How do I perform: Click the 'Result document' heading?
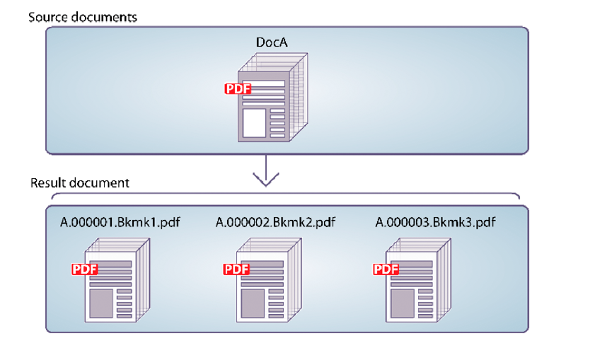79,182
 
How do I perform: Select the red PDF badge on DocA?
238,89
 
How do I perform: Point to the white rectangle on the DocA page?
253,122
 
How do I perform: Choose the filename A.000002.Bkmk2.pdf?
275,222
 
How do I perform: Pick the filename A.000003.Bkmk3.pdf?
434,222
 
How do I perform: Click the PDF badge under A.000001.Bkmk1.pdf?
84,269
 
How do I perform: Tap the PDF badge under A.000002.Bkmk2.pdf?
236,269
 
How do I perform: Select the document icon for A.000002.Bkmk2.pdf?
266,279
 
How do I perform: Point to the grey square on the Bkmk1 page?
101,302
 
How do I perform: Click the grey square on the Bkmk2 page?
253,302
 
